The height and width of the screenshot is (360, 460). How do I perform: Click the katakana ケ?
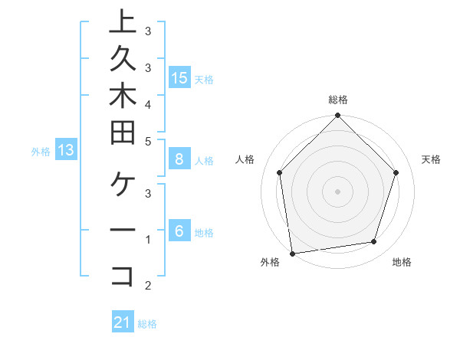pyautogui.click(x=123, y=183)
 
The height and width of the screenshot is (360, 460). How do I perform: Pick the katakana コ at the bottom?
pyautogui.click(x=123, y=276)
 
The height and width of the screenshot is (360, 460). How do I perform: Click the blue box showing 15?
pyautogui.click(x=179, y=77)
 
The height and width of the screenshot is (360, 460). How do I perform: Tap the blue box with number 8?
pyautogui.click(x=179, y=159)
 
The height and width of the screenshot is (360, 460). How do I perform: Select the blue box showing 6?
pyautogui.click(x=179, y=231)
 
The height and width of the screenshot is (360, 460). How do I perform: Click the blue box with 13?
pyautogui.click(x=66, y=150)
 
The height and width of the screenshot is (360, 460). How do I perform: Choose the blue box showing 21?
pyautogui.click(x=123, y=322)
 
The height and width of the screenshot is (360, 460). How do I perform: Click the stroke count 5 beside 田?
pyautogui.click(x=147, y=141)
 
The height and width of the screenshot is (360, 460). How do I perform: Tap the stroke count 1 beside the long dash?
pyautogui.click(x=147, y=240)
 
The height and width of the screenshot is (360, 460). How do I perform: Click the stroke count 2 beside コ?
pyautogui.click(x=147, y=286)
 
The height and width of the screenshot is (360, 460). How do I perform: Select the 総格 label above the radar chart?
pyautogui.click(x=338, y=100)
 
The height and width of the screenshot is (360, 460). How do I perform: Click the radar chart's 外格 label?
pyautogui.click(x=270, y=262)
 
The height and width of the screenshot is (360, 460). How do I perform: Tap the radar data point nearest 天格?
pyautogui.click(x=396, y=172)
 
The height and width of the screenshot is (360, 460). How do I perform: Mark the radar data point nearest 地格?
pyautogui.click(x=374, y=242)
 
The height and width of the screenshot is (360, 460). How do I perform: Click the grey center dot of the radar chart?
pyautogui.click(x=338, y=191)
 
